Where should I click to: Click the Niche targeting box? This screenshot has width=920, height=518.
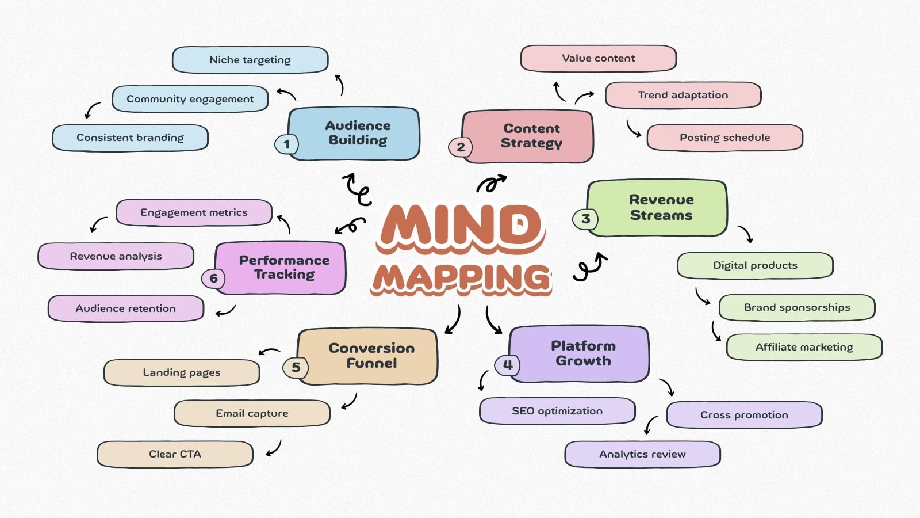[x=250, y=60]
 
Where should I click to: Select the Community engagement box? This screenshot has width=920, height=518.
[x=190, y=99]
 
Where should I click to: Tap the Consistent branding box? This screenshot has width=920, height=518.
[x=130, y=138]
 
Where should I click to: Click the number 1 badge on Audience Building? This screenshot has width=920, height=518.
[x=287, y=144]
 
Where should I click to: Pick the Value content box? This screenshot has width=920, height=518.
[x=599, y=58]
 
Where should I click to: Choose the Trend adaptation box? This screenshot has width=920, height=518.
[x=683, y=95]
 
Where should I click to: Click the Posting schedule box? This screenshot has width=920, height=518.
[x=725, y=138]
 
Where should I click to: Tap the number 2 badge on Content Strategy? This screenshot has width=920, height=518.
[x=461, y=147]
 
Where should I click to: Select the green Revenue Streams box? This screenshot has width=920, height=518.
[x=657, y=208]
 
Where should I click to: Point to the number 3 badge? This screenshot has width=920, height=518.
[x=585, y=219]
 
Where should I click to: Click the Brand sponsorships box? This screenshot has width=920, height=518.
[x=797, y=307]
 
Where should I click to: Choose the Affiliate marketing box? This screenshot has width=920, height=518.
[x=804, y=348]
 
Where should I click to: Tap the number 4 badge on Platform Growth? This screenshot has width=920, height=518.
[x=508, y=365]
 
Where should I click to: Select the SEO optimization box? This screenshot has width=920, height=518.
[x=557, y=411]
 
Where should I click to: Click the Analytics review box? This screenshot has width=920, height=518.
[x=643, y=454]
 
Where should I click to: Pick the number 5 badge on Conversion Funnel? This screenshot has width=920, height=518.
[x=296, y=367]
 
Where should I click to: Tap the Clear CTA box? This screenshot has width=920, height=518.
[x=175, y=454]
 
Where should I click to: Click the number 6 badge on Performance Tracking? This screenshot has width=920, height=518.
[x=213, y=279]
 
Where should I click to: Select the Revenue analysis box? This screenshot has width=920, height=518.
[x=116, y=257]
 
